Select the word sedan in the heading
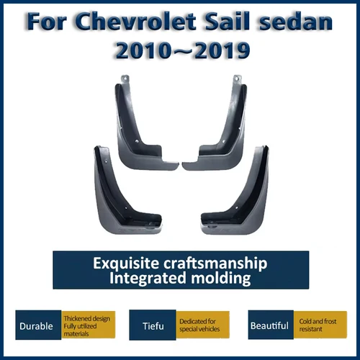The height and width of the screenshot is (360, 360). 297,22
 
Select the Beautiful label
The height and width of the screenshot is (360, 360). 269,325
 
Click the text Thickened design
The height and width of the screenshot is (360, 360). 86,317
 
